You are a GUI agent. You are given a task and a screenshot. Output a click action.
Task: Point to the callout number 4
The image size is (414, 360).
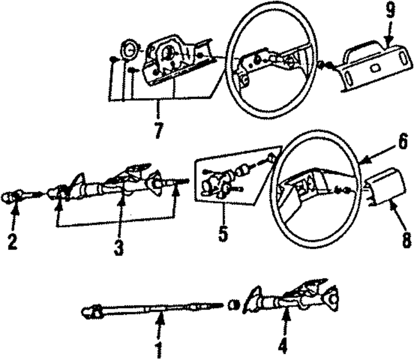point(283,347)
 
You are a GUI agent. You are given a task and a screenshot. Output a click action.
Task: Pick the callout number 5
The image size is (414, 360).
point(223,232)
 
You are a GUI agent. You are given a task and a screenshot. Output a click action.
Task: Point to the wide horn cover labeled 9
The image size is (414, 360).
point(375,66)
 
